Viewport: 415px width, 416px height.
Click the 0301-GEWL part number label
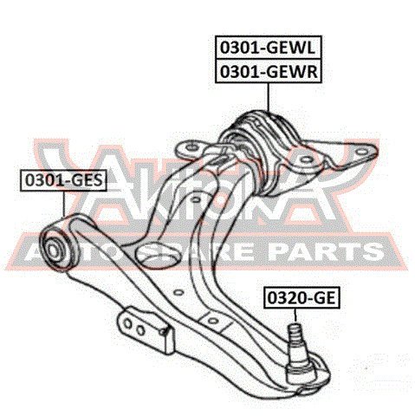[x=269, y=48]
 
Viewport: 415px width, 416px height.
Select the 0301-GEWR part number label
[x=269, y=71]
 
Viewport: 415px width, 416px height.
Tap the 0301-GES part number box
[x=63, y=180]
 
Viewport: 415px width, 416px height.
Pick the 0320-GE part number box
[x=302, y=297]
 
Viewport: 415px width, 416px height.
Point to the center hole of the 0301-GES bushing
[x=53, y=249]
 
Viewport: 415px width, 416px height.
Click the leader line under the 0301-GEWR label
[x=269, y=97]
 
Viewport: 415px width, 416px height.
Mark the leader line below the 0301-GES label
[x=64, y=204]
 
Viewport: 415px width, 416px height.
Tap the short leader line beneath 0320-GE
[x=295, y=315]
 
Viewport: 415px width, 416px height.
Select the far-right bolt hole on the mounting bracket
[x=361, y=152]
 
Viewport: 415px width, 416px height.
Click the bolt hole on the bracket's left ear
[x=191, y=147]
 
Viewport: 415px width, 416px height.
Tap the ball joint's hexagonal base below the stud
[x=300, y=371]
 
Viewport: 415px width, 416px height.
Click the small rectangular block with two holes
[x=146, y=330]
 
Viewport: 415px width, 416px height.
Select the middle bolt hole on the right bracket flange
[x=306, y=159]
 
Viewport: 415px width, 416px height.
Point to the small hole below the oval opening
[x=179, y=292]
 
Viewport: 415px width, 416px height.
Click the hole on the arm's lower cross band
[x=213, y=320]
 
